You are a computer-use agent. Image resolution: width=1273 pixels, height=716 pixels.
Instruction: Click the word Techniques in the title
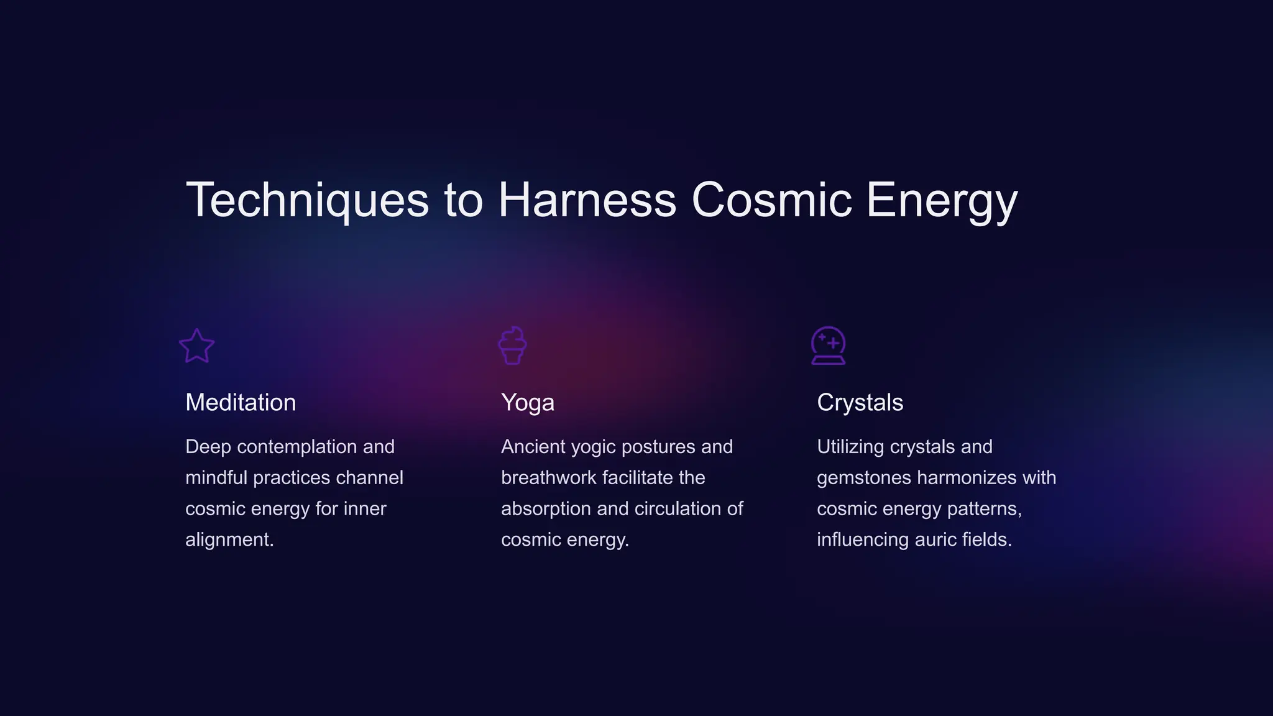pyautogui.click(x=307, y=200)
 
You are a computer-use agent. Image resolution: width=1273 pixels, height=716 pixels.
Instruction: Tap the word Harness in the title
pyautogui.click(x=587, y=200)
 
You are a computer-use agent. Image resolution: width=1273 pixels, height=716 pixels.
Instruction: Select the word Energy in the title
pyautogui.click(x=941, y=200)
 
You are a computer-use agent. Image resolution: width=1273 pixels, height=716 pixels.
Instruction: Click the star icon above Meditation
pyautogui.click(x=197, y=346)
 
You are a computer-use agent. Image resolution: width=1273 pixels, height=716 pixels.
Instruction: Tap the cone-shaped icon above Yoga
pyautogui.click(x=512, y=346)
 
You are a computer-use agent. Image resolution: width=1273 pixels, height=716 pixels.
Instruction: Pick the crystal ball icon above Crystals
pyautogui.click(x=828, y=346)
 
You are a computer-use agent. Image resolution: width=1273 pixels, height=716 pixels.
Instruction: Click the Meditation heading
pyautogui.click(x=241, y=403)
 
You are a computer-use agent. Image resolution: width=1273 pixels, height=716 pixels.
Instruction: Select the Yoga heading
pyautogui.click(x=527, y=403)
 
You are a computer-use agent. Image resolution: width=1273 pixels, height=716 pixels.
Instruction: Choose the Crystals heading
pyautogui.click(x=860, y=403)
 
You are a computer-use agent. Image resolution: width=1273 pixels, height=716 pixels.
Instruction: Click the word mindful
pyautogui.click(x=216, y=478)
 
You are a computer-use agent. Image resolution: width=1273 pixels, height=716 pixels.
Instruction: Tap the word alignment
pyautogui.click(x=229, y=539)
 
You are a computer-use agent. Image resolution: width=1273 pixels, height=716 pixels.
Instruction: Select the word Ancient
pyautogui.click(x=533, y=447)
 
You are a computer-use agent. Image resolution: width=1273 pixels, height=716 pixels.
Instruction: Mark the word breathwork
pyautogui.click(x=549, y=478)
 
